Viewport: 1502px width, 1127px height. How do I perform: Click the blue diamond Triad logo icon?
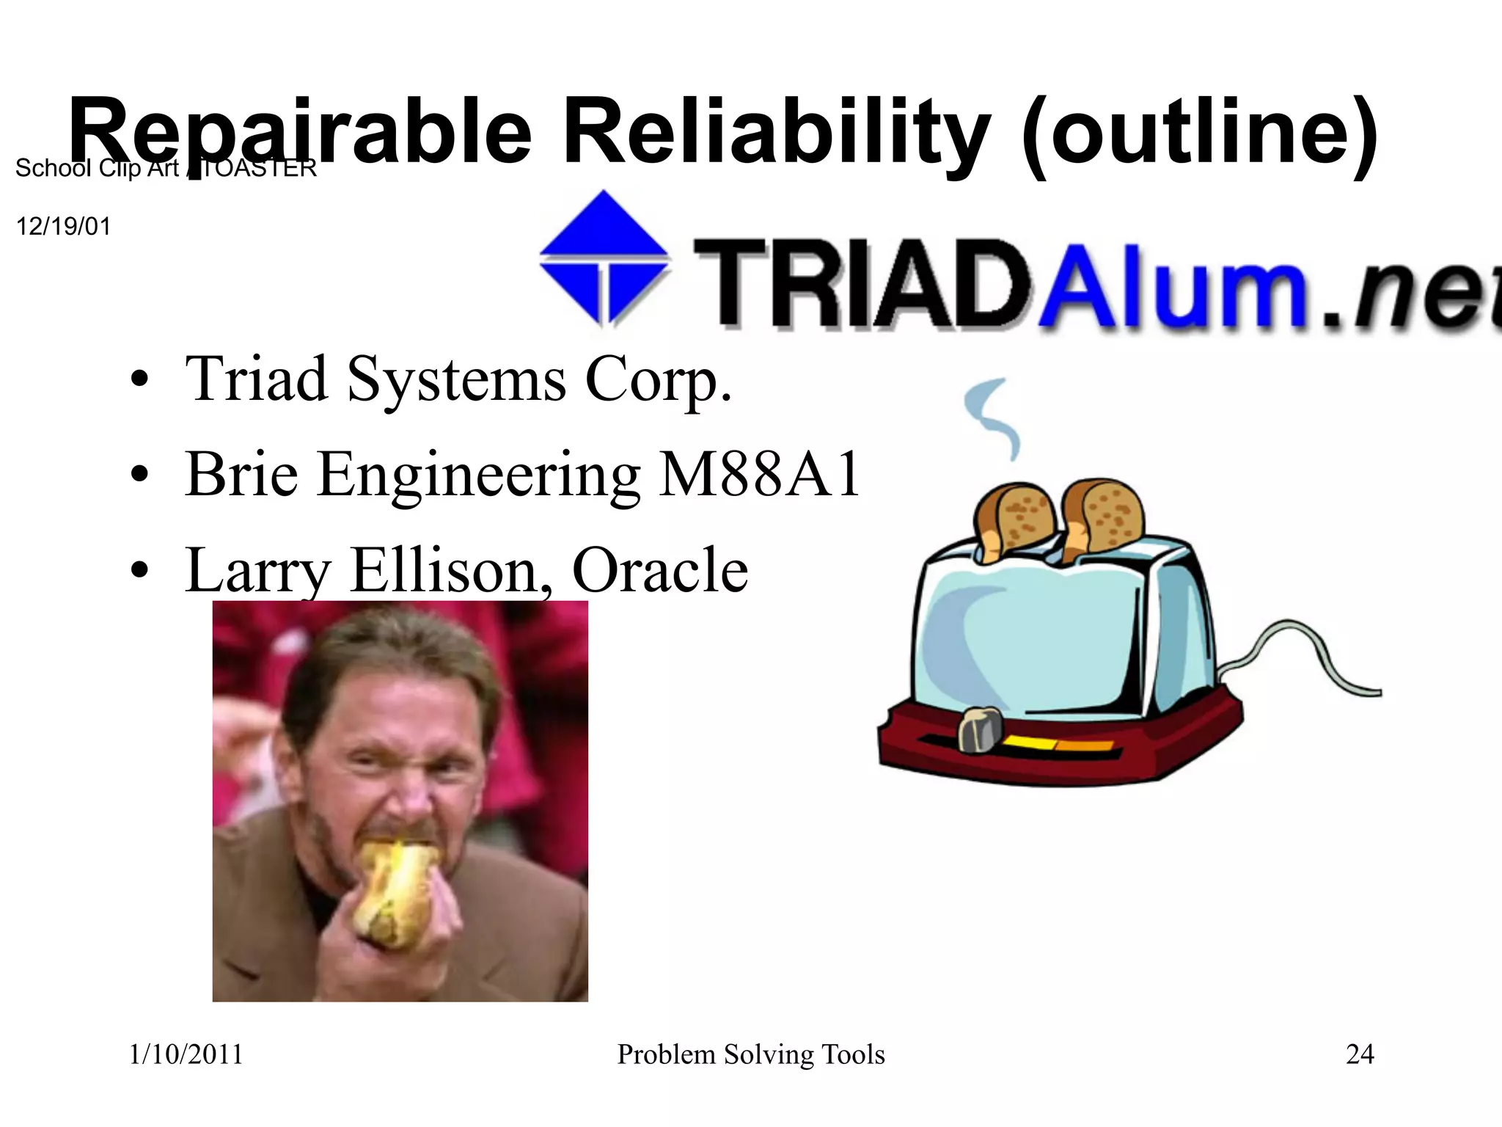click(x=604, y=257)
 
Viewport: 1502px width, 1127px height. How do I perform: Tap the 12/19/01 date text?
click(x=63, y=226)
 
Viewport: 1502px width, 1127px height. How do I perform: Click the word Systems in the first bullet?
click(x=456, y=380)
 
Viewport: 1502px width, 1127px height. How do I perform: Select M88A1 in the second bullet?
click(x=759, y=475)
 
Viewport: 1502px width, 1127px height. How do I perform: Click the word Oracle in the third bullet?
click(x=659, y=570)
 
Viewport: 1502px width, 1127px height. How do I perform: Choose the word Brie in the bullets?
click(x=242, y=475)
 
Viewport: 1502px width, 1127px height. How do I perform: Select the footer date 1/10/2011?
click(x=186, y=1054)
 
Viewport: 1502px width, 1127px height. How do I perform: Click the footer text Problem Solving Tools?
click(x=751, y=1054)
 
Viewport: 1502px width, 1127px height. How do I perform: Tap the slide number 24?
click(x=1360, y=1054)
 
